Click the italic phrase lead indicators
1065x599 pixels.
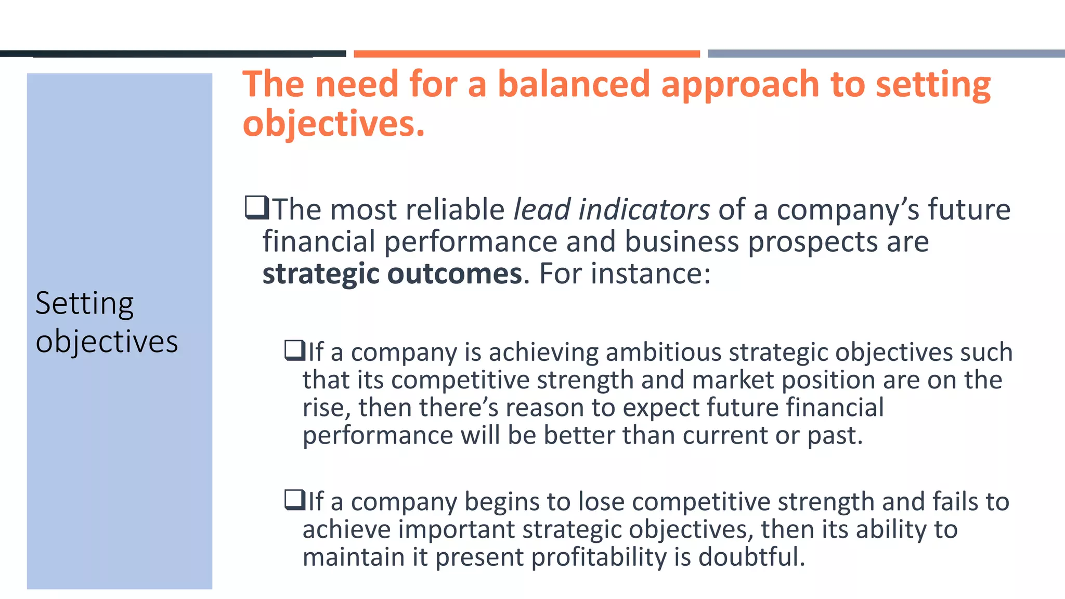tap(612, 210)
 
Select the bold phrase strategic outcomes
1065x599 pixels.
tap(392, 274)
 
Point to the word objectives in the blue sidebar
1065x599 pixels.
tap(107, 342)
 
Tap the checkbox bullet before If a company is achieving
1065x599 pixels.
tap(295, 350)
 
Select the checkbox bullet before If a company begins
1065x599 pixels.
tap(295, 500)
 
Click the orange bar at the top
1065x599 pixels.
tap(526, 54)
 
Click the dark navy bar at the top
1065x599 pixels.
tap(173, 54)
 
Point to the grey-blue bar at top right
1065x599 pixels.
tap(886, 54)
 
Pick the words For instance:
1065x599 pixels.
tap(625, 274)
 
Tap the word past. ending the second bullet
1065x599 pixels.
tap(835, 435)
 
